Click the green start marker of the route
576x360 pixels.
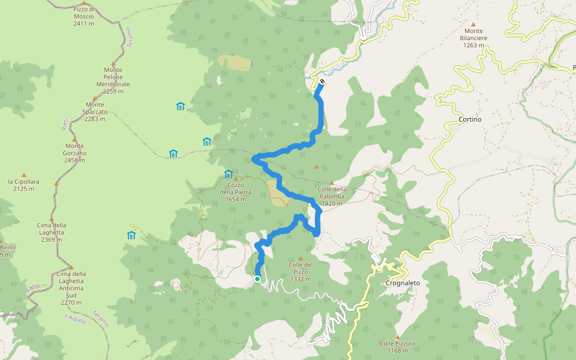click(x=257, y=278)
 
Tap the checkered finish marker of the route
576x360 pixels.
click(x=322, y=82)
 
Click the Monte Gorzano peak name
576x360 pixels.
click(x=75, y=149)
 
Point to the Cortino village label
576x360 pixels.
click(x=470, y=119)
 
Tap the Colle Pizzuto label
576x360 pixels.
click(x=397, y=346)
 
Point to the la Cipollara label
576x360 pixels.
click(x=24, y=185)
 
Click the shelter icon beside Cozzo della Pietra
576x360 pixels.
click(x=228, y=175)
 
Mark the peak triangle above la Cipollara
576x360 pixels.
click(x=24, y=175)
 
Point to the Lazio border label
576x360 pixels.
click(x=34, y=287)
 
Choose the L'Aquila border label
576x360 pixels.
click(x=76, y=318)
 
